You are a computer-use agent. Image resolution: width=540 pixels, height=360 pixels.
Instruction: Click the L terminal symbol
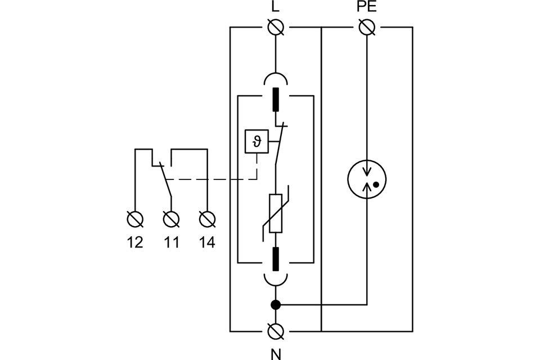click(276, 26)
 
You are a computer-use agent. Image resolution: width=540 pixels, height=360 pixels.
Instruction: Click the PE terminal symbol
click(367, 26)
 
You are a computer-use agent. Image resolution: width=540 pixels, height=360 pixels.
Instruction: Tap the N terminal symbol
click(276, 331)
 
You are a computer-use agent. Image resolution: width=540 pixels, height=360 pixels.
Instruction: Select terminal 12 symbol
click(135, 218)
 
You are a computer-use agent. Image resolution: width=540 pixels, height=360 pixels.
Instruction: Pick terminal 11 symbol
click(171, 218)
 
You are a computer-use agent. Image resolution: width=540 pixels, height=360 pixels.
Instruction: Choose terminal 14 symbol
click(207, 218)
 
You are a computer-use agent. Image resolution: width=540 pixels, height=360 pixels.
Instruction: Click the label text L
click(276, 8)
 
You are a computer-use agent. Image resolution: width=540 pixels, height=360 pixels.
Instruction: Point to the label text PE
click(367, 8)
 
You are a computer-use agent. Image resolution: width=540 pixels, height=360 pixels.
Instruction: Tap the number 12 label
click(135, 242)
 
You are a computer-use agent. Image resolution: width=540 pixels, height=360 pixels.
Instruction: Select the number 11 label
click(171, 242)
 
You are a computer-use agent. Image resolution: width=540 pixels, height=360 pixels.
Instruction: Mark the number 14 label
click(207, 242)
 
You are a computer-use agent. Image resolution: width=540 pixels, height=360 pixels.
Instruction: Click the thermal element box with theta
click(256, 141)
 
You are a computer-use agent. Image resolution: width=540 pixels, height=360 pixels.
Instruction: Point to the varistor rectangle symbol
click(276, 214)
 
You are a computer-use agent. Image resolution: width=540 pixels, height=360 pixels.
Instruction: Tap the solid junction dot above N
click(276, 305)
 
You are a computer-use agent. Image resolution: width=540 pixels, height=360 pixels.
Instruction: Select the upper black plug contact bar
click(276, 99)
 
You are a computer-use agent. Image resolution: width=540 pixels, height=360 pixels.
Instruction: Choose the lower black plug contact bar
click(276, 258)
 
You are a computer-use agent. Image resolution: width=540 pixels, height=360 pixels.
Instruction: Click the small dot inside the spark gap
click(375, 184)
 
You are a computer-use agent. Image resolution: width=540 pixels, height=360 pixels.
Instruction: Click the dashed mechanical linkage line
click(214, 179)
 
